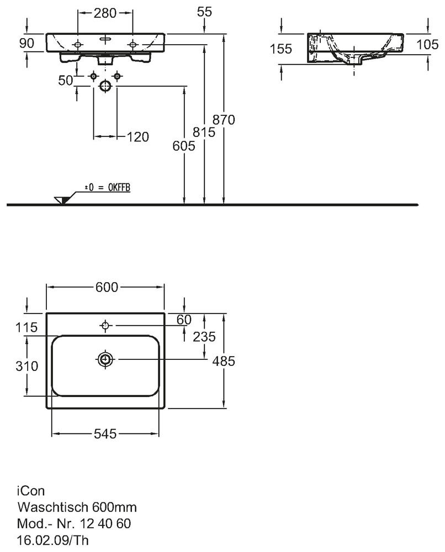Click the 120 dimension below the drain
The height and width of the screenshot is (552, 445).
click(138, 136)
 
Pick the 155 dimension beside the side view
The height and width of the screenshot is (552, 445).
click(281, 49)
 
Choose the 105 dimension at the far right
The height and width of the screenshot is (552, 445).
click(428, 45)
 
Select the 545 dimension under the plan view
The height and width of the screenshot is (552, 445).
click(104, 434)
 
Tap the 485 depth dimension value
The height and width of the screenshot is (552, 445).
click(224, 362)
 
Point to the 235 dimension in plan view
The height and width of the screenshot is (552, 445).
click(204, 337)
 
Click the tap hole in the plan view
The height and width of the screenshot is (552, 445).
click(105, 326)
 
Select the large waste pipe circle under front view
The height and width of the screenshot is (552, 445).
click(105, 86)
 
